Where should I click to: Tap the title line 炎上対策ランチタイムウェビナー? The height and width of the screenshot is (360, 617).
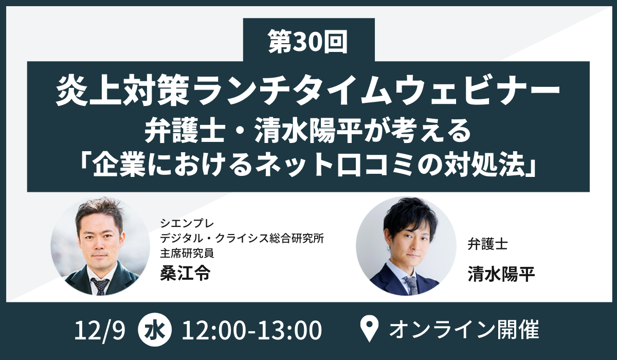click(308, 92)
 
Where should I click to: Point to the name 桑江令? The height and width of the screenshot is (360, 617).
click(186, 274)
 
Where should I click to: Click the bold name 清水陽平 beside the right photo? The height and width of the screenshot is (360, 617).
click(501, 274)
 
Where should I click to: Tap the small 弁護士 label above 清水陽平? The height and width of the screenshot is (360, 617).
click(487, 244)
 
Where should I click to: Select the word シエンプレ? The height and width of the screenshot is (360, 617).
click(187, 223)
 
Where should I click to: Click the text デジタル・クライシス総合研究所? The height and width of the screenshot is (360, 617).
click(242, 238)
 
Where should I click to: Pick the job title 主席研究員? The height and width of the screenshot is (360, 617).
click(187, 253)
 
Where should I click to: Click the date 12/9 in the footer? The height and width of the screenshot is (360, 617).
click(99, 330)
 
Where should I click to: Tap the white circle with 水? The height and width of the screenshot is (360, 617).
click(155, 330)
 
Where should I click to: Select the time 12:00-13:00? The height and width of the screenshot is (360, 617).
click(251, 330)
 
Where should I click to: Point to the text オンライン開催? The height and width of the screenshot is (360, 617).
click(464, 330)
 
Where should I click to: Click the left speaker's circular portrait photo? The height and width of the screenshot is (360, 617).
click(100, 246)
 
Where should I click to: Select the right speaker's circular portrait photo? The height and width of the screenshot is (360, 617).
click(406, 246)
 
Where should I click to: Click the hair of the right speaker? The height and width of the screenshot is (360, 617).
click(408, 218)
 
